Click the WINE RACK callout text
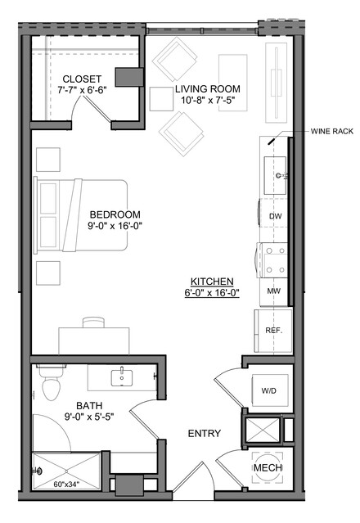tap(331, 131)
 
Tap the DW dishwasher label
tap(276, 216)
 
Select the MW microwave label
tap(273, 291)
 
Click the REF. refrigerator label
tap(274, 330)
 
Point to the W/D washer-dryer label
tap(269, 390)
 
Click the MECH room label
tap(268, 467)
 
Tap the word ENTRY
tap(205, 433)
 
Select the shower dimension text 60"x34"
tap(66, 484)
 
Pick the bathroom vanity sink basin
tap(122, 377)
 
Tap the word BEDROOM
tap(115, 214)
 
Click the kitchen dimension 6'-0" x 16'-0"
tap(213, 292)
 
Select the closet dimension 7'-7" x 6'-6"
tap(82, 90)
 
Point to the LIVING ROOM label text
tap(208, 88)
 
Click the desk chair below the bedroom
tap(93, 322)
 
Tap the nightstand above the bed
tap(48, 160)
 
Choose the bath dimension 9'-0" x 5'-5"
tap(89, 417)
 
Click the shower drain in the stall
tap(66, 471)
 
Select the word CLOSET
tap(82, 79)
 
